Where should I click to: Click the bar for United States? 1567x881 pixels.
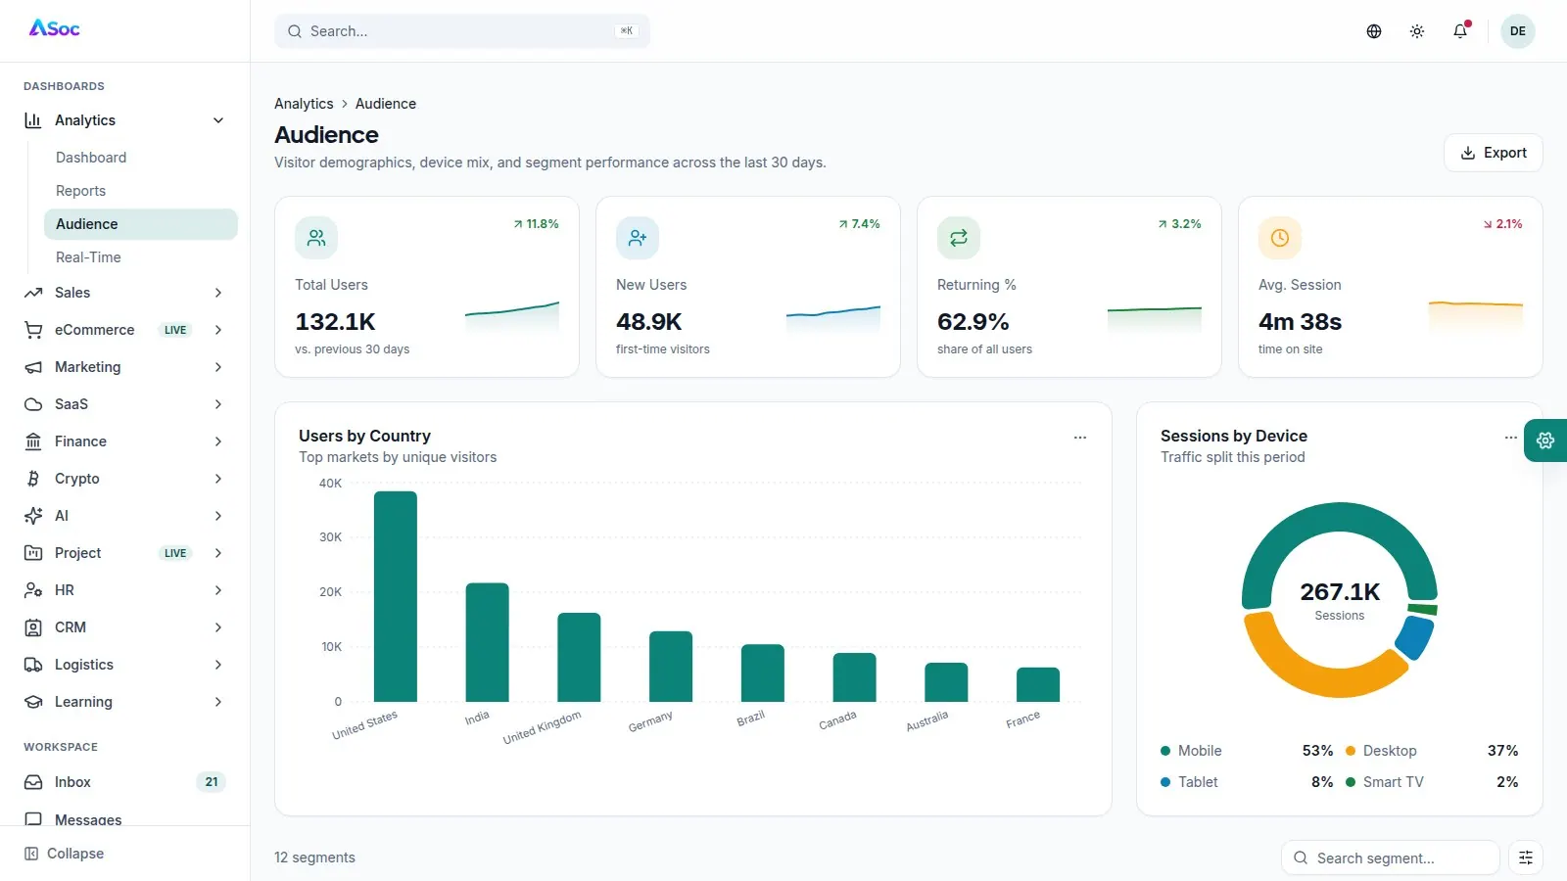pyautogui.click(x=396, y=596)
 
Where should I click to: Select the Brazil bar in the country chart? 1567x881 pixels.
pyautogui.click(x=763, y=672)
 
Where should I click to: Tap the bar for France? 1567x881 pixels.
pyautogui.click(x=1037, y=684)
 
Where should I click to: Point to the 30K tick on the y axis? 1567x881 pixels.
pyautogui.click(x=330, y=537)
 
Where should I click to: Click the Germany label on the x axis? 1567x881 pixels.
pyautogui.click(x=650, y=720)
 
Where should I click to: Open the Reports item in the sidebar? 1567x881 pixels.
pyautogui.click(x=80, y=191)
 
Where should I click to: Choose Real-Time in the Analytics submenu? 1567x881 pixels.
pyautogui.click(x=88, y=257)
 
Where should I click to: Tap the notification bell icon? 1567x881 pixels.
pyautogui.click(x=1460, y=30)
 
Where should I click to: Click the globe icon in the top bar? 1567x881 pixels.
pyautogui.click(x=1374, y=30)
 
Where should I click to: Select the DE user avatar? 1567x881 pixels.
pyautogui.click(x=1517, y=30)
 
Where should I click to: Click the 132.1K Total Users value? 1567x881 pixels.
pyautogui.click(x=335, y=322)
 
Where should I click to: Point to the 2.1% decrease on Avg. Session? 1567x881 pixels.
pyautogui.click(x=1502, y=224)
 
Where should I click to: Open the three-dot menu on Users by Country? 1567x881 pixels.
pyautogui.click(x=1080, y=438)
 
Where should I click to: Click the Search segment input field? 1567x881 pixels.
pyautogui.click(x=1390, y=858)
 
